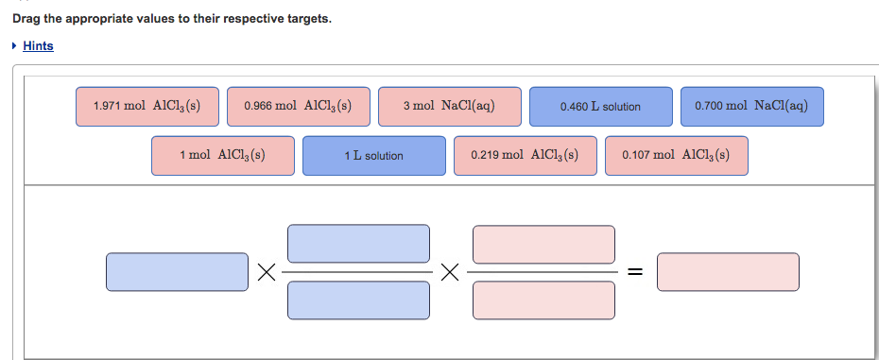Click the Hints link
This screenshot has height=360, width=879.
pos(38,45)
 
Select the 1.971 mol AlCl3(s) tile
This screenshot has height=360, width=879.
pos(147,107)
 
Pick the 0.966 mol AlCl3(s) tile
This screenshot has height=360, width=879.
pos(298,107)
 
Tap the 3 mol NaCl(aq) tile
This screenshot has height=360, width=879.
pos(449,107)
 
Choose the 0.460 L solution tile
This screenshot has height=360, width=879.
pos(600,107)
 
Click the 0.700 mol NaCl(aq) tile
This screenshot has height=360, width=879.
pos(751,107)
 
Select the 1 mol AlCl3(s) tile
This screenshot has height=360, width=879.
pos(222,156)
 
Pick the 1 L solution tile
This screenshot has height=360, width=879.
pos(373,156)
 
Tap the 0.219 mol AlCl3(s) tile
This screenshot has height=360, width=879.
pos(525,156)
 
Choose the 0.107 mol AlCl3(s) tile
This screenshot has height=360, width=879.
pos(676,156)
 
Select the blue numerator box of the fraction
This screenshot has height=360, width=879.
pos(358,244)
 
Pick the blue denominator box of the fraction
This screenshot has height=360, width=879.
pos(358,300)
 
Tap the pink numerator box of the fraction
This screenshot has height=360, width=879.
pos(543,244)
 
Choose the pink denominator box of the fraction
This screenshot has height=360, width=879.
pos(543,300)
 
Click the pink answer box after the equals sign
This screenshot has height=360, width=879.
pos(728,272)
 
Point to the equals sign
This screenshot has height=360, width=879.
pos(636,273)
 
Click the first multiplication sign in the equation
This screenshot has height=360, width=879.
pos(267,273)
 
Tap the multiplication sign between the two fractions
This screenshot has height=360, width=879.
pos(451,273)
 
